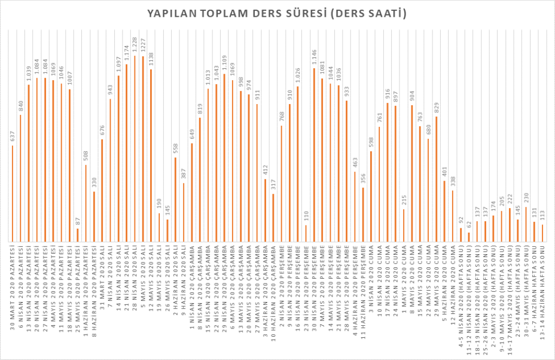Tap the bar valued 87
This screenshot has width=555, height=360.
click(x=78, y=235)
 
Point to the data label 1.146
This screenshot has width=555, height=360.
click(x=314, y=58)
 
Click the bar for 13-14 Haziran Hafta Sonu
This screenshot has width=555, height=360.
click(x=542, y=233)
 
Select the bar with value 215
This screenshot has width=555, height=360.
click(x=404, y=225)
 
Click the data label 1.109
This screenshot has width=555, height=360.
click(x=224, y=64)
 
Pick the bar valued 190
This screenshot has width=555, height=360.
click(x=159, y=227)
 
